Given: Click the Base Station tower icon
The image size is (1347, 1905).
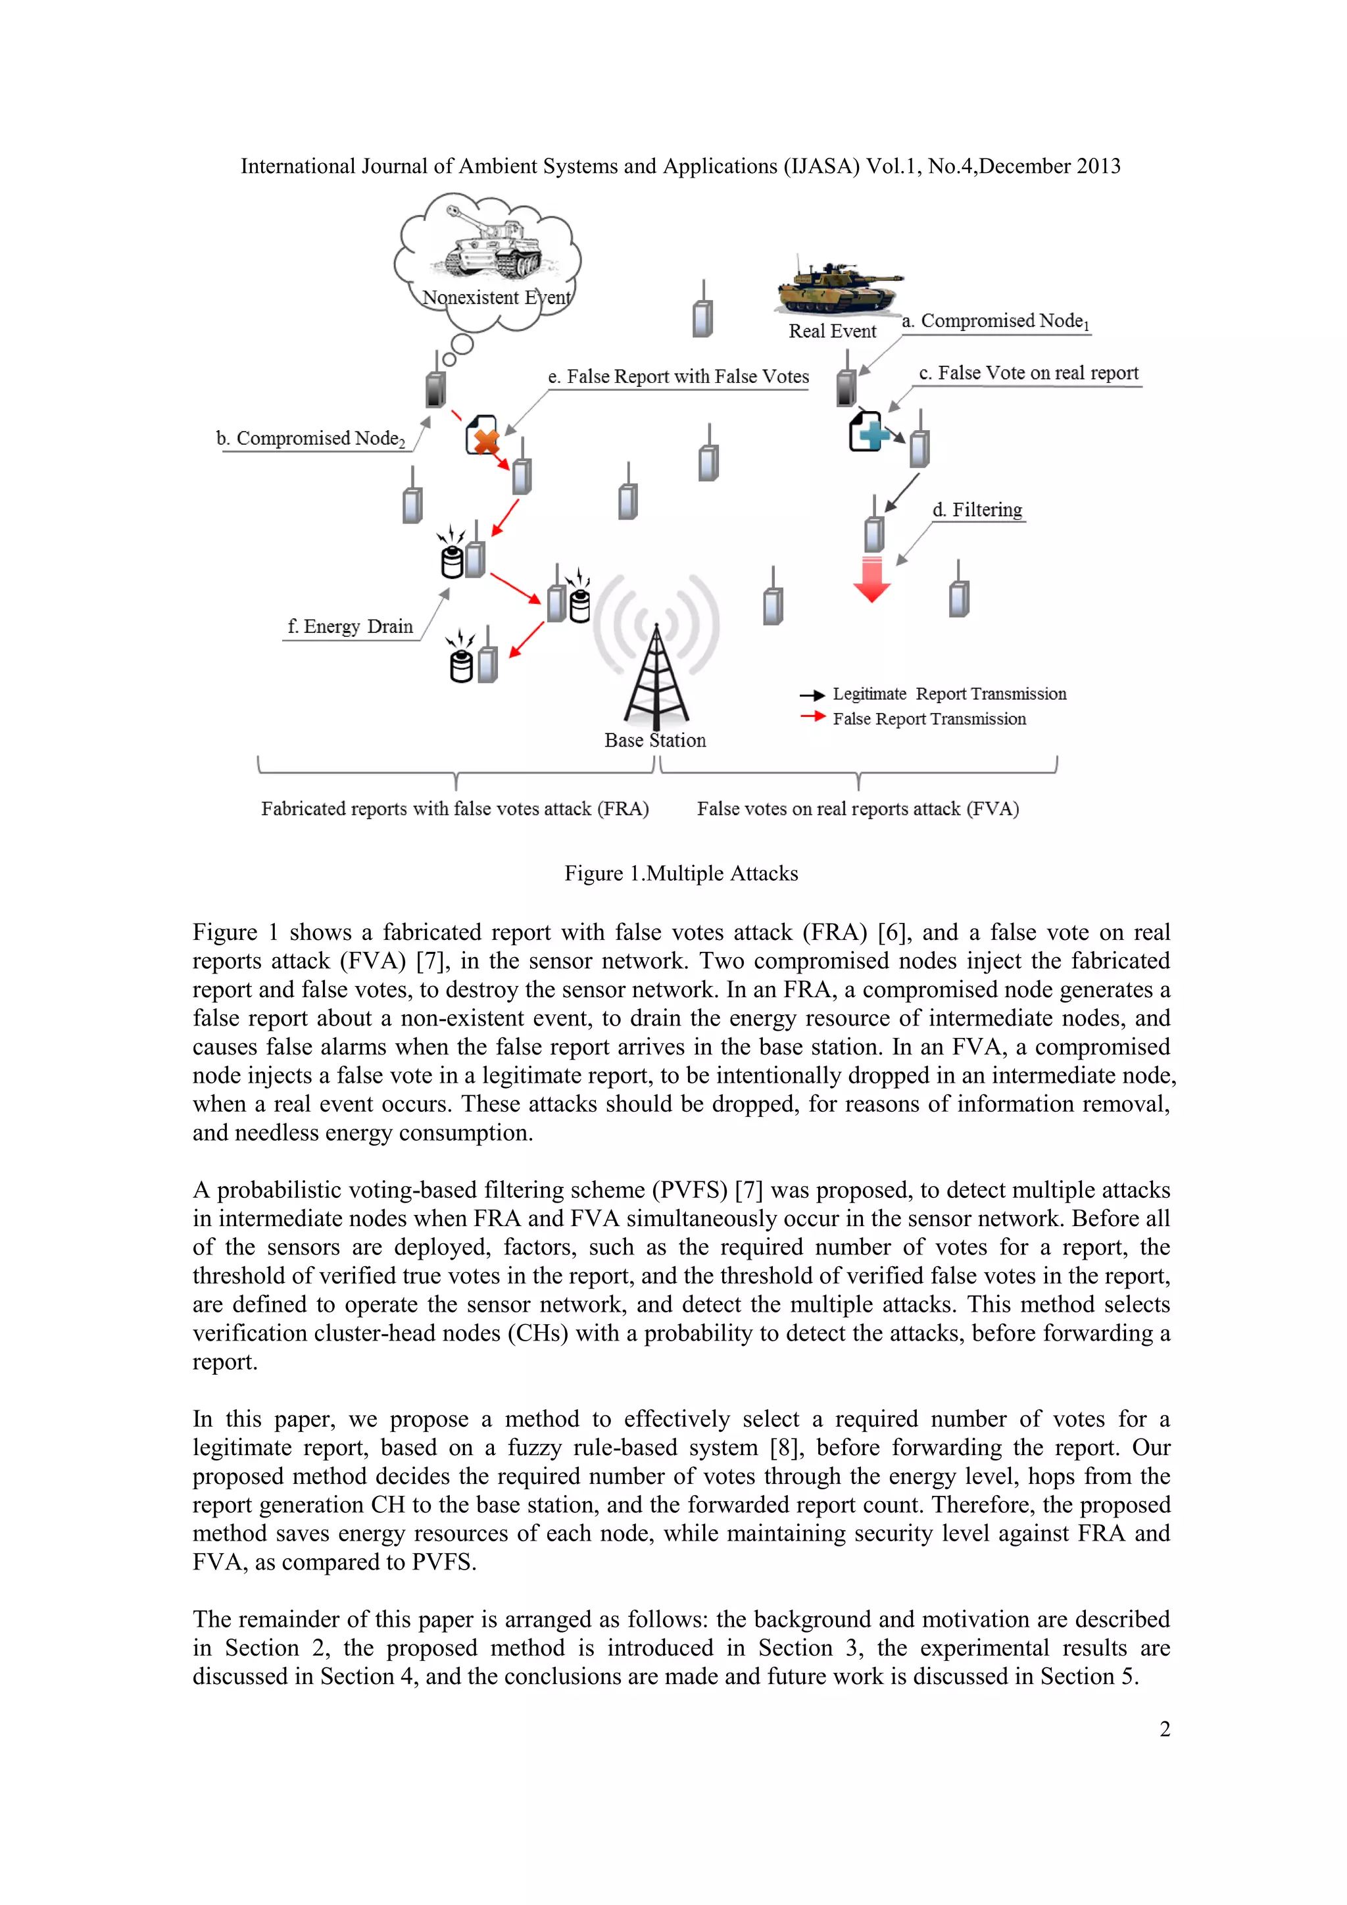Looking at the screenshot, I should pyautogui.click(x=656, y=676).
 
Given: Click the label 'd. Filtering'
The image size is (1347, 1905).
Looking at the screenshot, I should pyautogui.click(x=977, y=509).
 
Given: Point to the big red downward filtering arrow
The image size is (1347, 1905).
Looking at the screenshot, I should pyautogui.click(x=871, y=579).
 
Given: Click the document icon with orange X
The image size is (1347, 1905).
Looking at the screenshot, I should pyautogui.click(x=483, y=435).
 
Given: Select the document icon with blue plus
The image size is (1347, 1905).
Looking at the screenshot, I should pyautogui.click(x=867, y=432).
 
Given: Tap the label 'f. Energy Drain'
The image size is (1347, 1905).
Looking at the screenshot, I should pyautogui.click(x=350, y=626).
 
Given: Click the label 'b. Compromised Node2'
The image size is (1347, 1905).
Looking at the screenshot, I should pyautogui.click(x=311, y=438).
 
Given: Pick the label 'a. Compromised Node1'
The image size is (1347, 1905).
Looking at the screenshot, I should pyautogui.click(x=995, y=321).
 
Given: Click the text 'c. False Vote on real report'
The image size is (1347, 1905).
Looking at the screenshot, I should pyautogui.click(x=1029, y=374).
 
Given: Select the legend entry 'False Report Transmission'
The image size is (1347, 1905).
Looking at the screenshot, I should pyautogui.click(x=929, y=718).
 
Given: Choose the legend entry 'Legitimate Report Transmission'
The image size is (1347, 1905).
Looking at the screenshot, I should pyautogui.click(x=949, y=693).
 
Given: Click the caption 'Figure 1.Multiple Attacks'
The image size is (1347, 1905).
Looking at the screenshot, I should pyautogui.click(x=681, y=873).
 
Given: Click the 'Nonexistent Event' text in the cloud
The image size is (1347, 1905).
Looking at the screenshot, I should pyautogui.click(x=496, y=297).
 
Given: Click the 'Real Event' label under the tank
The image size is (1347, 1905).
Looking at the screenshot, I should pyautogui.click(x=832, y=331).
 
